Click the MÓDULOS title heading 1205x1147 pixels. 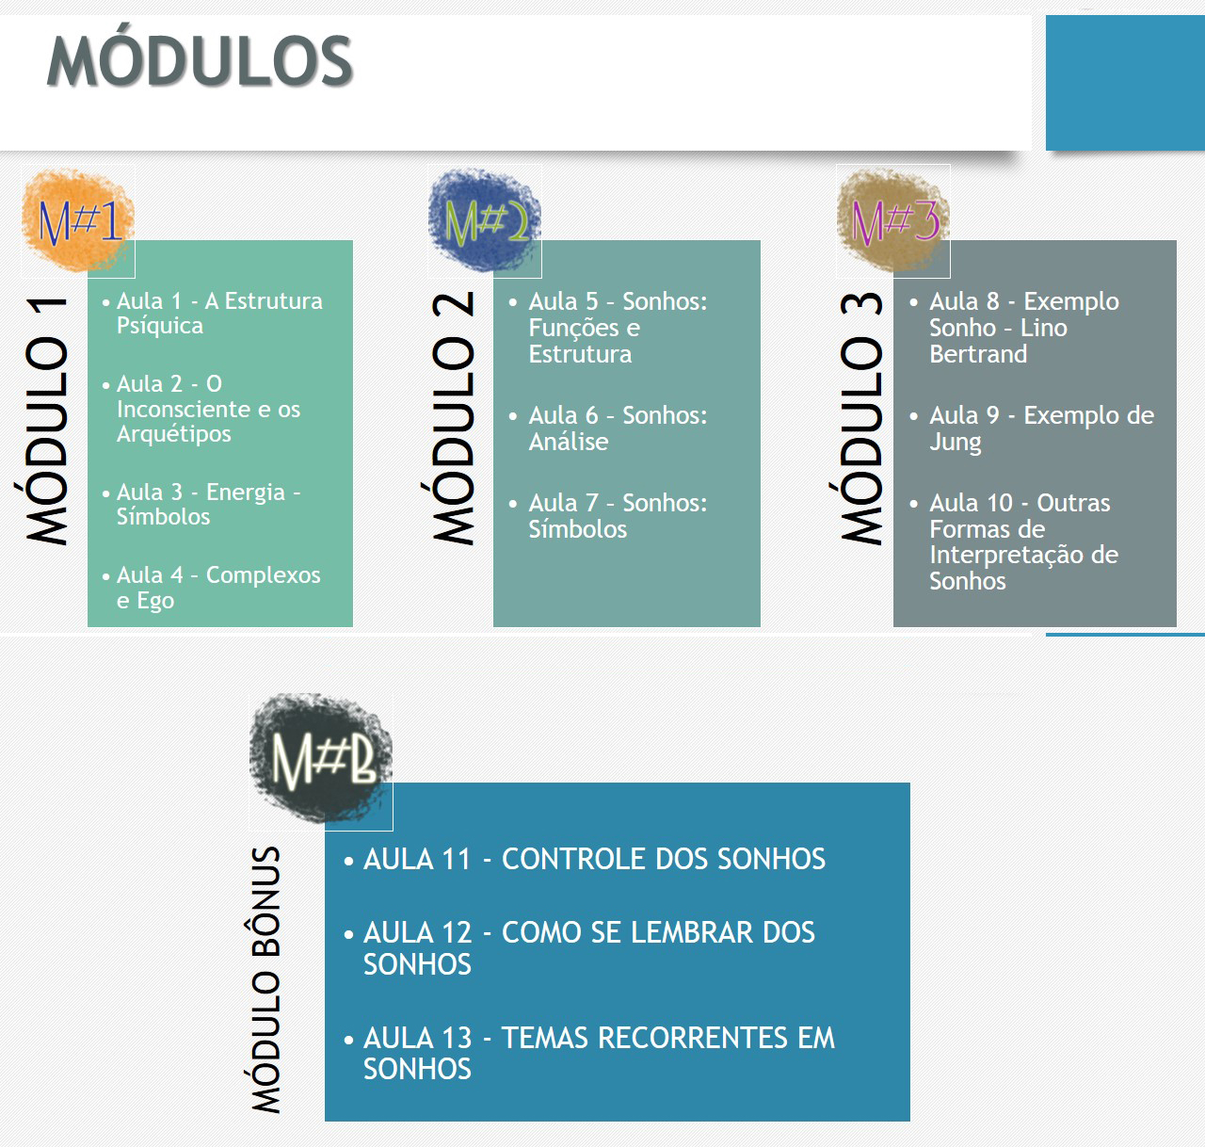point(200,60)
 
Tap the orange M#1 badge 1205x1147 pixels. point(78,220)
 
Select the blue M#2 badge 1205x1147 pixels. point(484,220)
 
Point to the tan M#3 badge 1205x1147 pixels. point(893,220)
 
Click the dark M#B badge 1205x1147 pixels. point(321,758)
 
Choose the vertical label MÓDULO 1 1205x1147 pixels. point(46,420)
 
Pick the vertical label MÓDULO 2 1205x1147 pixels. point(454,417)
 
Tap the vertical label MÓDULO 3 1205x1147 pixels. point(861,417)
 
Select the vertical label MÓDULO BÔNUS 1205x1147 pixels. point(266,979)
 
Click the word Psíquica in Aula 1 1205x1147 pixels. point(160,326)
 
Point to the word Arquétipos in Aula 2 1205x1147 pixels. point(174,434)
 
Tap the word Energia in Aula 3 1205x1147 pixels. point(246,492)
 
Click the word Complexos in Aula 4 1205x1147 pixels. point(263,575)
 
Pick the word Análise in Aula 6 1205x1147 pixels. point(569,442)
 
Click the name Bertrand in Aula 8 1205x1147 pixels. point(978,354)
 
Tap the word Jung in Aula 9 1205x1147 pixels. point(956,443)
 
